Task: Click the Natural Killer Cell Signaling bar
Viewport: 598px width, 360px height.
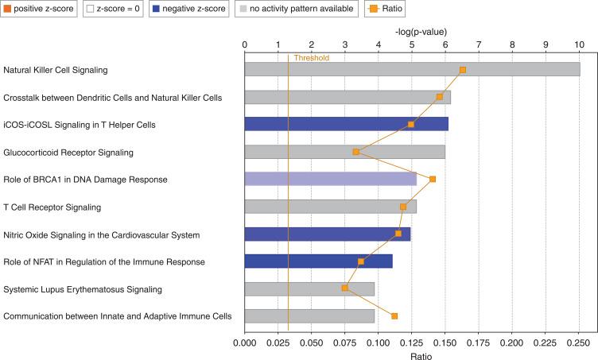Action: (x=412, y=70)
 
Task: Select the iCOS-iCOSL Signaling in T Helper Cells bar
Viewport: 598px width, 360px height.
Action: (x=346, y=124)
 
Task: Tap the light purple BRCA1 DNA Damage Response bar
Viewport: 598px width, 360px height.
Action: (x=330, y=179)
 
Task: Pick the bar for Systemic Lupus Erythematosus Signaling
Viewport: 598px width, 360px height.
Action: (x=309, y=288)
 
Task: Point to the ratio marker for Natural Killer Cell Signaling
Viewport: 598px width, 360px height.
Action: (x=463, y=70)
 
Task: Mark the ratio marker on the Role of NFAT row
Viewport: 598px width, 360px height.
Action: (x=361, y=261)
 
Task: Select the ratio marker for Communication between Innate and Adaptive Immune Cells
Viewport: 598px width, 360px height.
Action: (x=394, y=316)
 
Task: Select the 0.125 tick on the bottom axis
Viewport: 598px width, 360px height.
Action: (x=412, y=343)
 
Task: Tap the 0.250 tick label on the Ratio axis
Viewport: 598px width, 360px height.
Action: (x=579, y=343)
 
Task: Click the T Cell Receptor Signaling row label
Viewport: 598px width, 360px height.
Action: (x=52, y=207)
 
